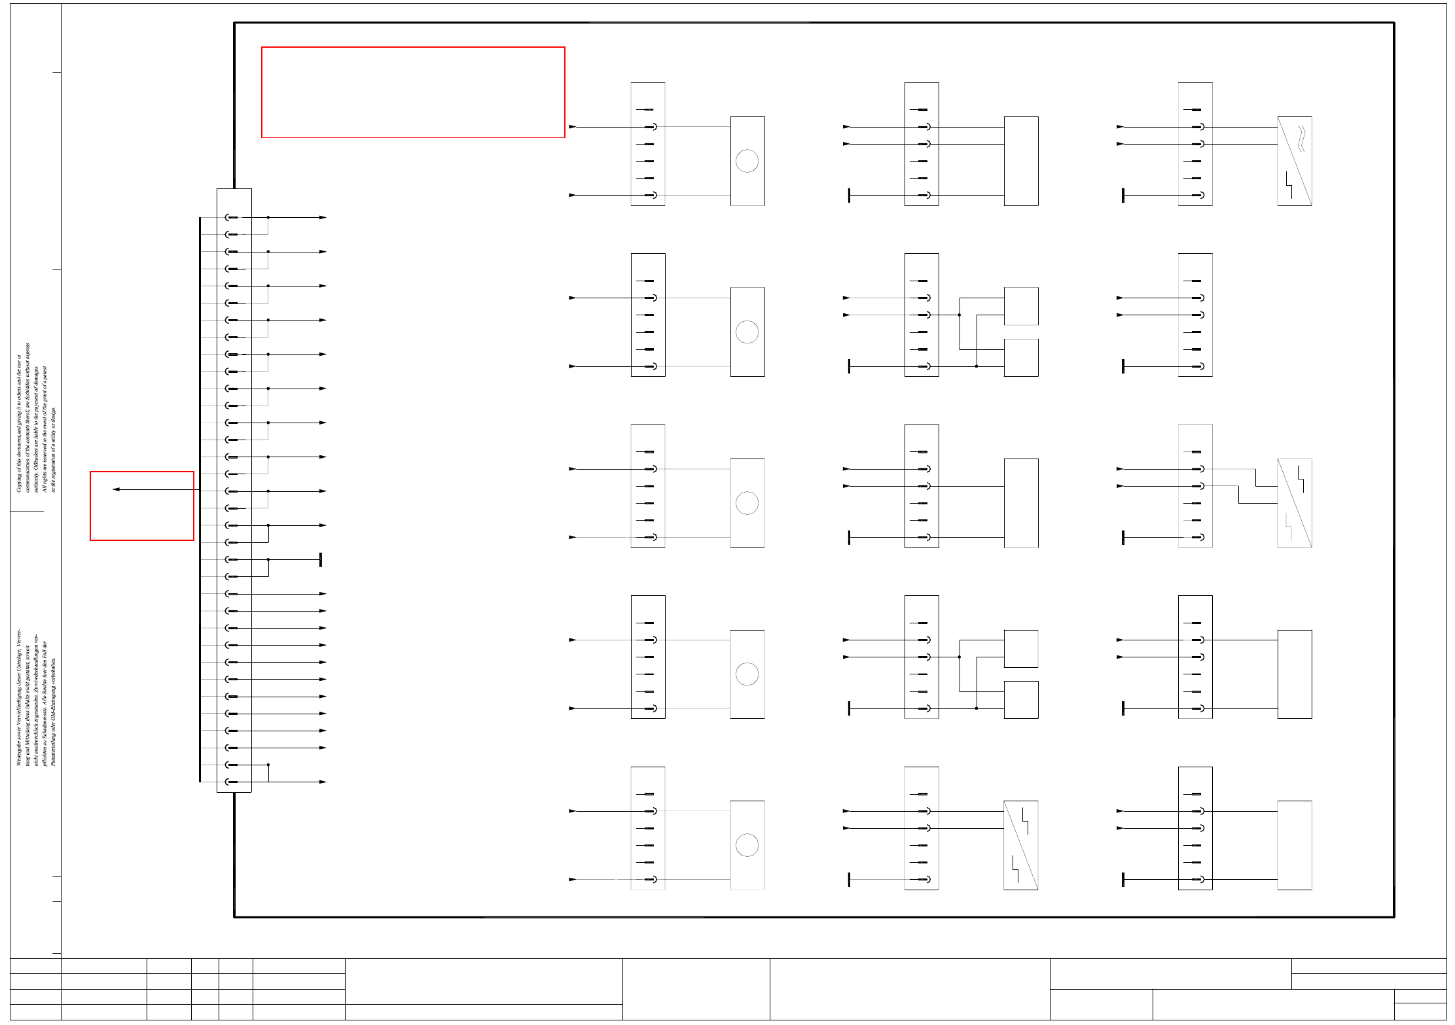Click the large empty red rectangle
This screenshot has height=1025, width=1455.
(x=413, y=92)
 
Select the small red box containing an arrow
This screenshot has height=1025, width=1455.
(x=142, y=506)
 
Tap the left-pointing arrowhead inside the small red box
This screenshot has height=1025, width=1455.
(x=116, y=489)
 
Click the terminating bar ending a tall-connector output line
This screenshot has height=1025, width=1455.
(x=321, y=560)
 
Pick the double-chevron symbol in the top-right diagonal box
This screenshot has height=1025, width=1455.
(x=1301, y=139)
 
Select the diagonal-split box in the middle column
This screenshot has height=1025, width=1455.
(x=1020, y=845)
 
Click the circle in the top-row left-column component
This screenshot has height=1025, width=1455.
(x=747, y=161)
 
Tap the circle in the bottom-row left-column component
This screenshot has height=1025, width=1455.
(x=747, y=845)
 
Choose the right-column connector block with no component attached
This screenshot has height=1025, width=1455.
(x=1195, y=315)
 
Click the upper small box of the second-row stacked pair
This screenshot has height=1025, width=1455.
(x=1021, y=306)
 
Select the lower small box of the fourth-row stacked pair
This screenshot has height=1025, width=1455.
(x=1021, y=700)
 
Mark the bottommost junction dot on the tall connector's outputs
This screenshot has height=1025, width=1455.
(x=268, y=765)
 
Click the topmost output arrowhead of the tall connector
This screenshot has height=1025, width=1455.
(x=323, y=217)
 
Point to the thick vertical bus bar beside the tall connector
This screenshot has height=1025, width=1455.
(x=200, y=499)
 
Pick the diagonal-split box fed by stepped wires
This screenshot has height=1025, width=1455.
(x=1295, y=503)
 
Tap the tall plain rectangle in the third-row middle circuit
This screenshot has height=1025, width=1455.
(x=1021, y=503)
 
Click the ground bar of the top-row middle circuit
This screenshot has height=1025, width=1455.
(x=849, y=195)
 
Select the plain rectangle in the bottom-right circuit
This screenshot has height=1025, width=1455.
(x=1295, y=845)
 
